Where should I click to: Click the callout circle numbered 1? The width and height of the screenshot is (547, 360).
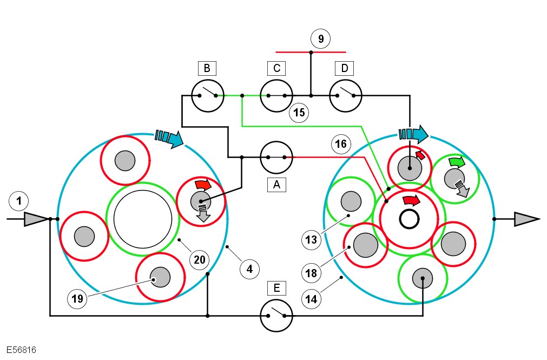(19, 202)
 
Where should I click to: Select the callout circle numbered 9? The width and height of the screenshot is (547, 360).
(321, 38)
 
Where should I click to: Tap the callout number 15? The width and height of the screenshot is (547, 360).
(298, 113)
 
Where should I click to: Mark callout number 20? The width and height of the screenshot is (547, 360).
(200, 260)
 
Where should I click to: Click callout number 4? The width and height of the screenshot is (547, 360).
(249, 267)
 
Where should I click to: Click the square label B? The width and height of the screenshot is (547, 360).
(207, 68)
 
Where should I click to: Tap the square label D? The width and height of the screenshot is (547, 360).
(344, 68)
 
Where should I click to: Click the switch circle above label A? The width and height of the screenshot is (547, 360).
(276, 158)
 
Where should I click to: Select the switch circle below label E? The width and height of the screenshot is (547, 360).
(276, 316)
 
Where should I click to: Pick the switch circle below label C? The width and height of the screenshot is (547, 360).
(276, 96)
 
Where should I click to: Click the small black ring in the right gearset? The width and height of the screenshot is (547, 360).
(410, 219)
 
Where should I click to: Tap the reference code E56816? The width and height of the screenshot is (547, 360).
(22, 350)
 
